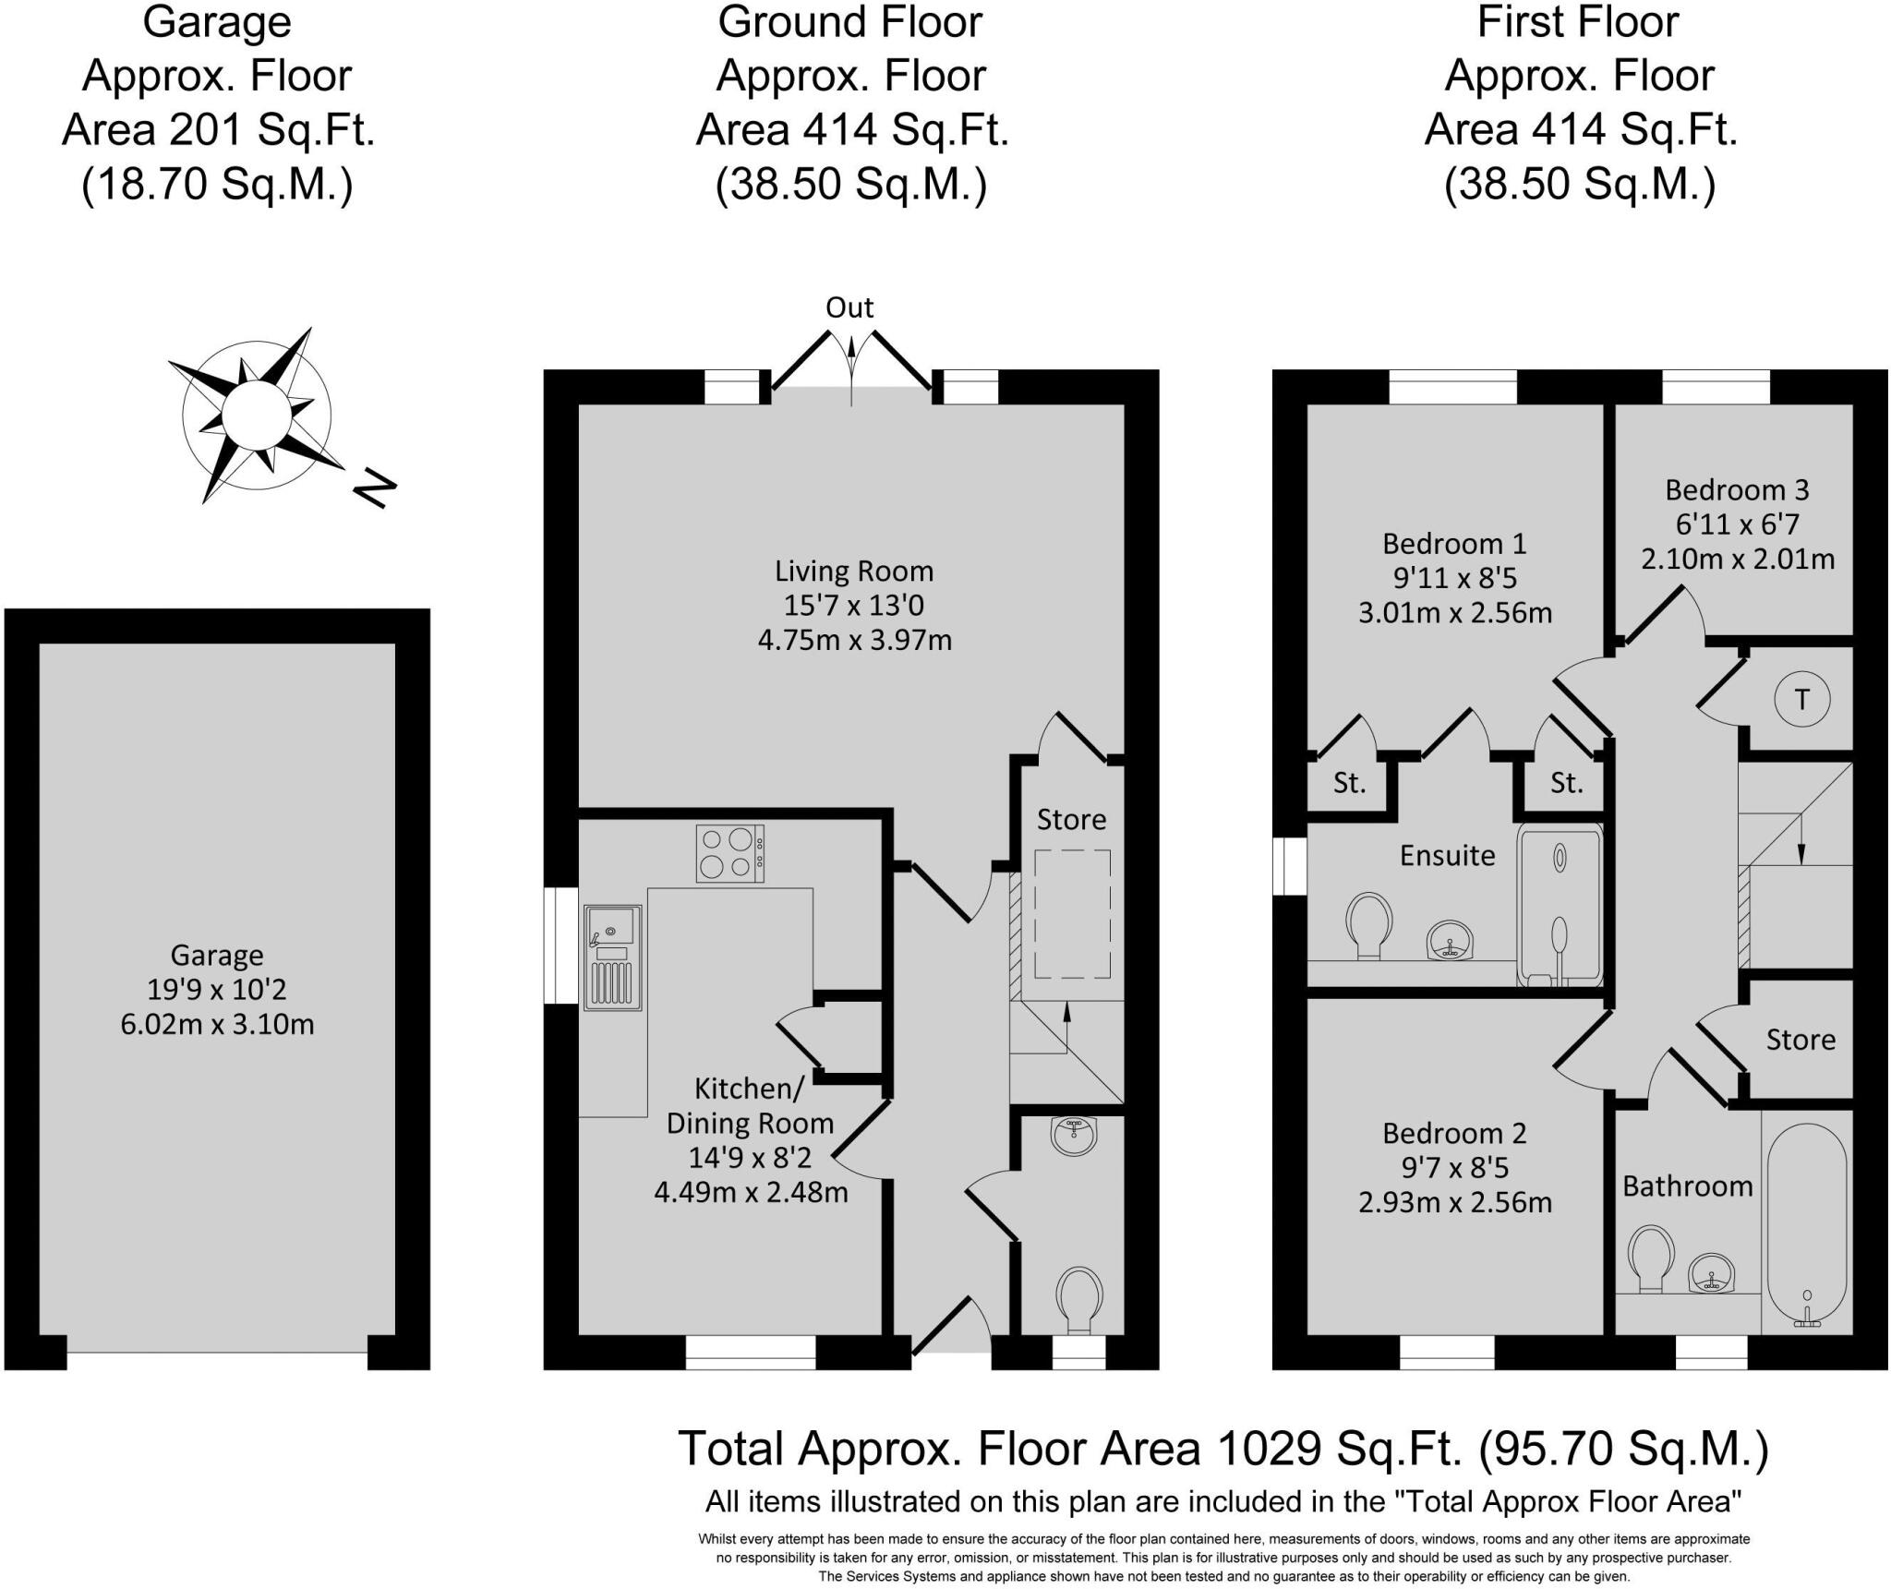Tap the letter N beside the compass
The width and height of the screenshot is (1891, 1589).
click(x=375, y=489)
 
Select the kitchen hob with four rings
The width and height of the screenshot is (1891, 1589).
click(x=729, y=854)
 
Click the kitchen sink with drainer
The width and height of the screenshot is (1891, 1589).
click(x=612, y=957)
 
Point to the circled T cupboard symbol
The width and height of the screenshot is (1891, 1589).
click(x=1801, y=700)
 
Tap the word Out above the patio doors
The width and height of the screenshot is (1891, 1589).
click(x=849, y=307)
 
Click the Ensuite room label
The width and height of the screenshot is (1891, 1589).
click(x=1447, y=856)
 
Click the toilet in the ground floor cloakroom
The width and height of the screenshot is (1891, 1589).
click(x=1078, y=1299)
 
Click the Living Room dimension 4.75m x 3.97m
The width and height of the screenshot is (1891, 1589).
click(x=854, y=640)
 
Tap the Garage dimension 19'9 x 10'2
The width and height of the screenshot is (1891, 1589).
click(x=217, y=990)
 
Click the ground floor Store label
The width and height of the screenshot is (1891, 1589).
click(x=1071, y=820)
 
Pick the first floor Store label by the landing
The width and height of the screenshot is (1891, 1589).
click(x=1801, y=1040)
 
